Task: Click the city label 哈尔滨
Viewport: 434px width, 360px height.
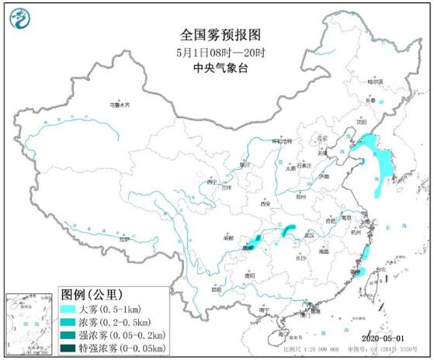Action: (x=375, y=81)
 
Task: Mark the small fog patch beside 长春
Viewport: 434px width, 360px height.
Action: (x=381, y=101)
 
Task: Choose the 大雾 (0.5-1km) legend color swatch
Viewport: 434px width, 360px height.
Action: (x=72, y=309)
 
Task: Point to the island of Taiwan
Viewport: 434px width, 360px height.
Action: (x=374, y=282)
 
